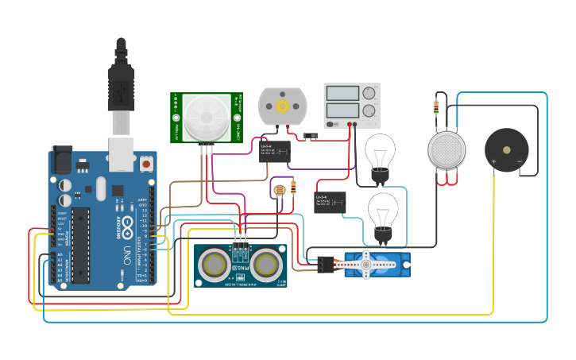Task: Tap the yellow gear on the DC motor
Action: click(x=282, y=106)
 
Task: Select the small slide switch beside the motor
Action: click(x=313, y=134)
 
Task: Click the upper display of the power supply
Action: click(x=342, y=93)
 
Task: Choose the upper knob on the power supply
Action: click(x=369, y=94)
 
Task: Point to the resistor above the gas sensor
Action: click(x=436, y=106)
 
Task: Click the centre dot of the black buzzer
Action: click(x=507, y=149)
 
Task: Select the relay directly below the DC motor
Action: click(x=273, y=151)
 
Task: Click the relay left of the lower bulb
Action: click(x=330, y=201)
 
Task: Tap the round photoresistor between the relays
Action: click(x=279, y=190)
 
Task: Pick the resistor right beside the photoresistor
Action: click(x=294, y=188)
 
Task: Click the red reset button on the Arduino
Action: click(x=146, y=165)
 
